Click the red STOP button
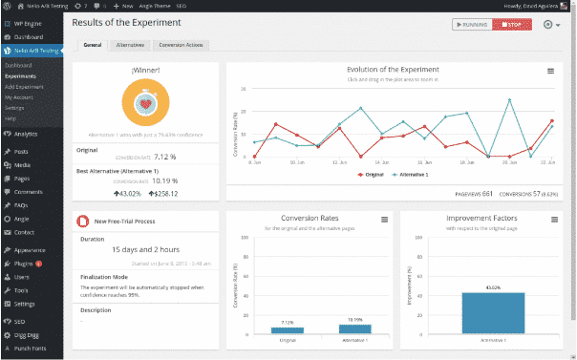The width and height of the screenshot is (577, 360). (511, 24)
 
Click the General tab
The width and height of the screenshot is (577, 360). (93, 45)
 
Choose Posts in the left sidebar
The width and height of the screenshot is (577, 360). (22, 152)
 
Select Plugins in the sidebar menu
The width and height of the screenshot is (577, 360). (26, 264)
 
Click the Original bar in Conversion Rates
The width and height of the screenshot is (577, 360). (288, 330)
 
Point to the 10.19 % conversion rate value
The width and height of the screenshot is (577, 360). (160, 180)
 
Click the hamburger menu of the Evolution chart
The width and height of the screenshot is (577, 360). (550, 71)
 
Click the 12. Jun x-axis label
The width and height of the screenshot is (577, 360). (340, 163)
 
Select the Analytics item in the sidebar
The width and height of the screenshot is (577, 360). (26, 134)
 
